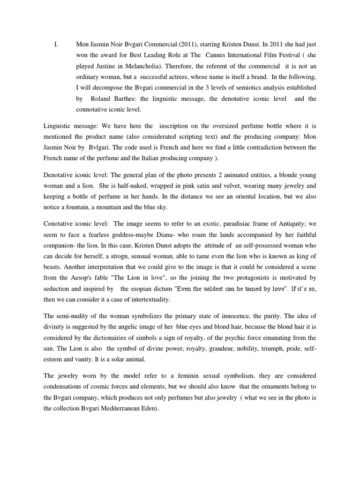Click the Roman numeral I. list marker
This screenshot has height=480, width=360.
(56, 45)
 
